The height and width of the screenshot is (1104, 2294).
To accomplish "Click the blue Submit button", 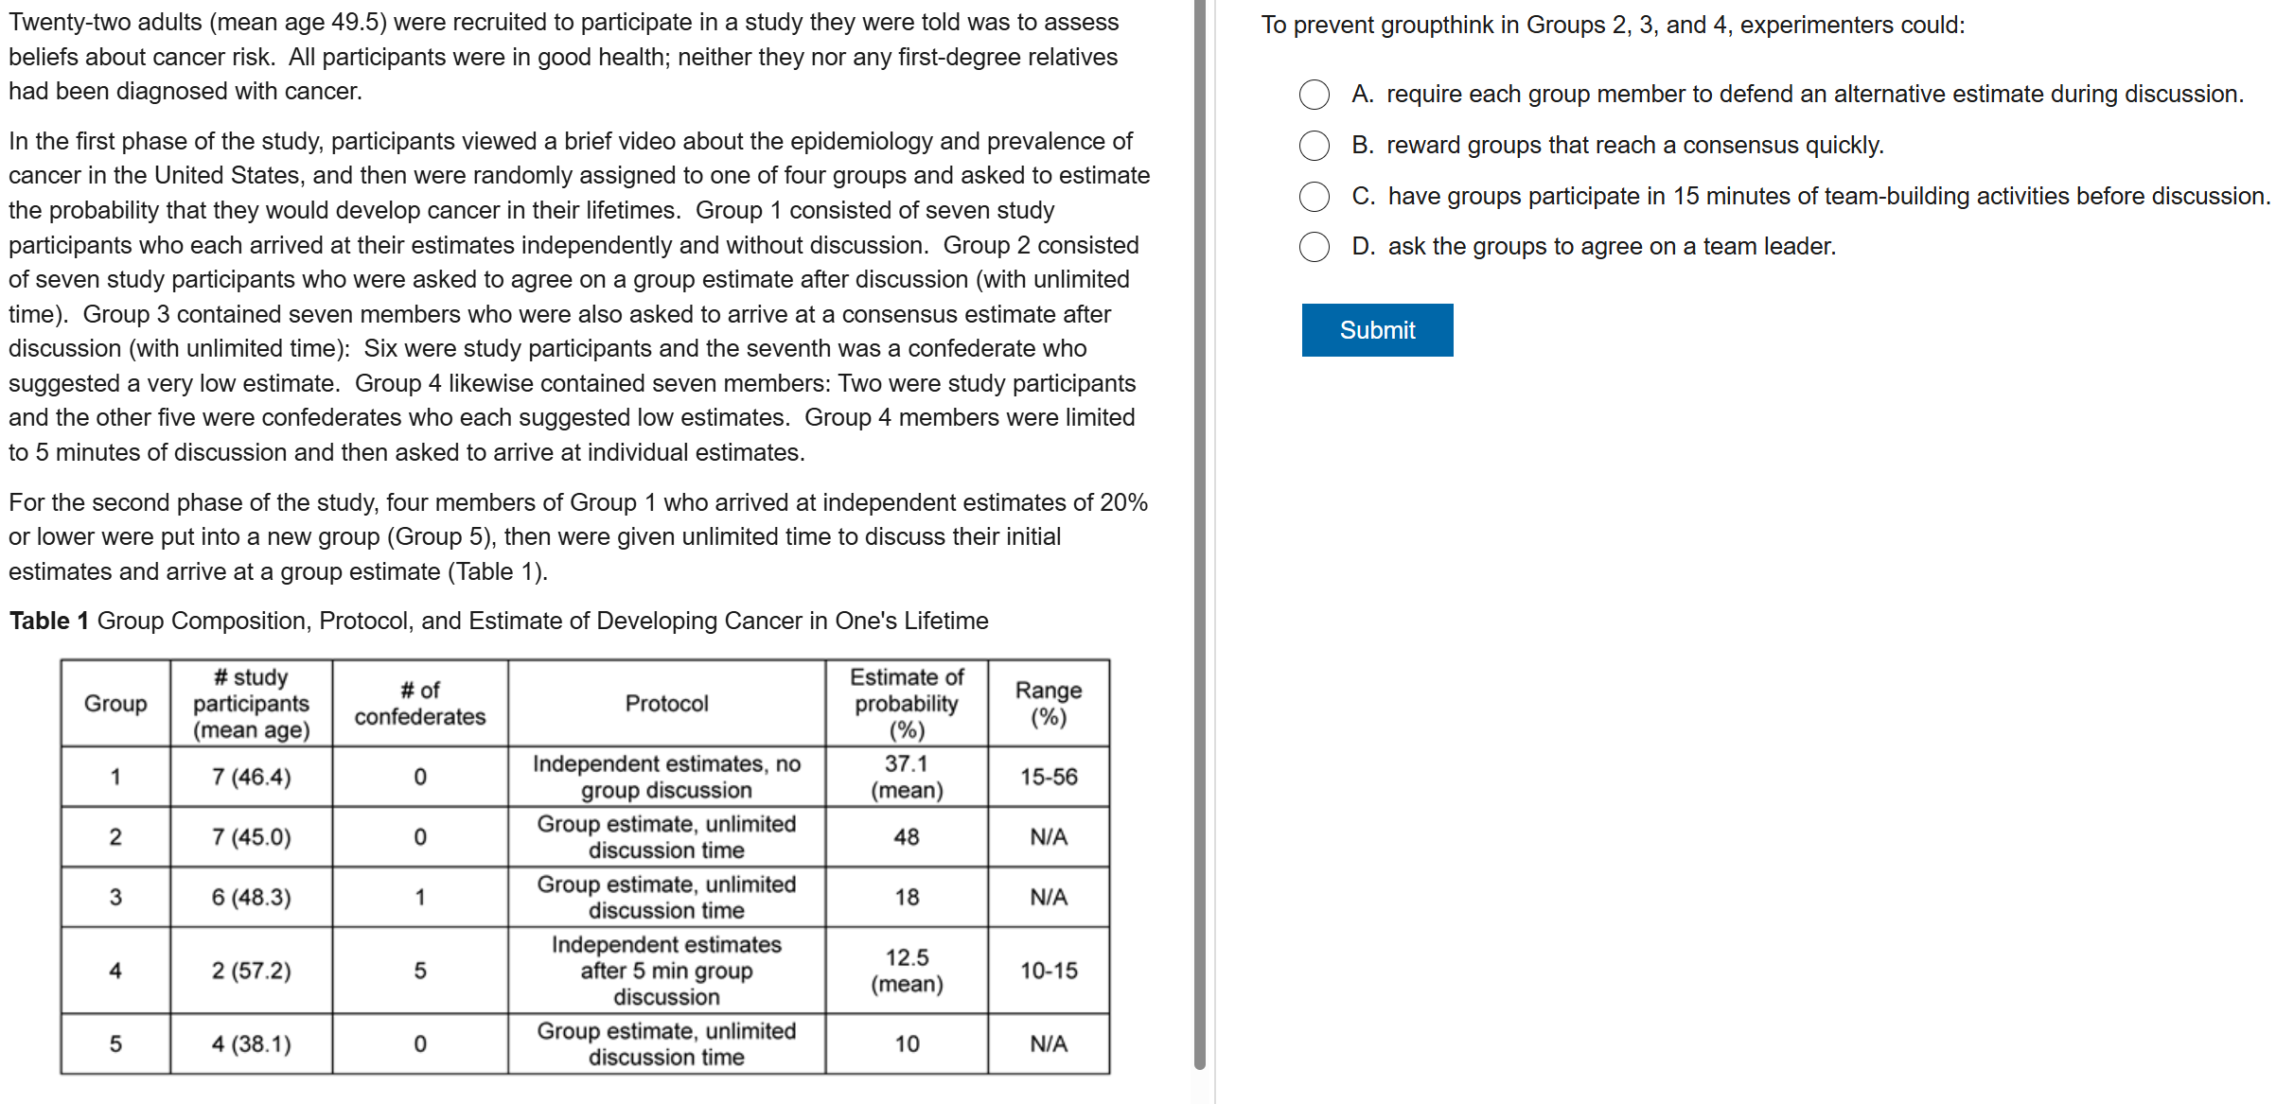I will [x=1377, y=330].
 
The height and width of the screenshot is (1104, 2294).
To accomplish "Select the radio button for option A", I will [x=1315, y=95].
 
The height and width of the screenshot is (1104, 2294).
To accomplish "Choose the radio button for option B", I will [x=1315, y=146].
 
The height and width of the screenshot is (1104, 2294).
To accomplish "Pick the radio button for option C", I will [x=1315, y=197].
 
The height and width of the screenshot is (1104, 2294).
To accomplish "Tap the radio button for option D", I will [x=1315, y=247].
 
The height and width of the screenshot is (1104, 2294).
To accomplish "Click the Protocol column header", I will [x=666, y=704].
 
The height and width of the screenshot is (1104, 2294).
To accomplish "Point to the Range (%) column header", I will [x=1049, y=704].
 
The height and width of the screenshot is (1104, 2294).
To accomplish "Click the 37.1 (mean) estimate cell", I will [x=907, y=777].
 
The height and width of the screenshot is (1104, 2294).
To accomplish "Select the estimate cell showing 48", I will [x=907, y=837].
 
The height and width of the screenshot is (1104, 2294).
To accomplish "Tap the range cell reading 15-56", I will [x=1049, y=777].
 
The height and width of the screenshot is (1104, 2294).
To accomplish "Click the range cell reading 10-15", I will [x=1049, y=971].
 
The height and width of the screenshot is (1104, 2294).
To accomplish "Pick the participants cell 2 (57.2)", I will [x=251, y=971].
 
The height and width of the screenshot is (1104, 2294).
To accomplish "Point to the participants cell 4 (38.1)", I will [x=251, y=1044].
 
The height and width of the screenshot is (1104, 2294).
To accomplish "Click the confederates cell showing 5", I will [x=420, y=971].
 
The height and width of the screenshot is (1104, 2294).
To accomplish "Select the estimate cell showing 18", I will [x=907, y=897].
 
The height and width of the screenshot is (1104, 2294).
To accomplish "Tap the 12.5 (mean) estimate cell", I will [x=907, y=971].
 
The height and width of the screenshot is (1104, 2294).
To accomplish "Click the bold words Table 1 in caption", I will [x=49, y=622].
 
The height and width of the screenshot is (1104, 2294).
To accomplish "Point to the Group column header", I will [x=115, y=704].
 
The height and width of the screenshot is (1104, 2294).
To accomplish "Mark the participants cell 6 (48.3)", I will [x=251, y=897].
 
